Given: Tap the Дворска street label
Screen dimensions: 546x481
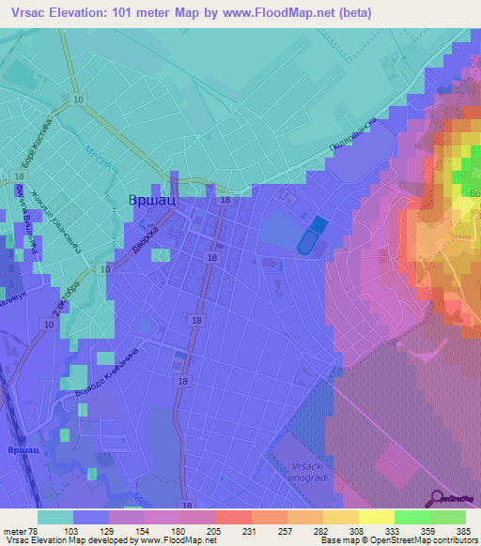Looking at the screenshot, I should [141, 240].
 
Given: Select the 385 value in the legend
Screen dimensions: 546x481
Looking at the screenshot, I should [462, 530].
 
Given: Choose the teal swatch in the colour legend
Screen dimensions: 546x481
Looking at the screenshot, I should [55, 517].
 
